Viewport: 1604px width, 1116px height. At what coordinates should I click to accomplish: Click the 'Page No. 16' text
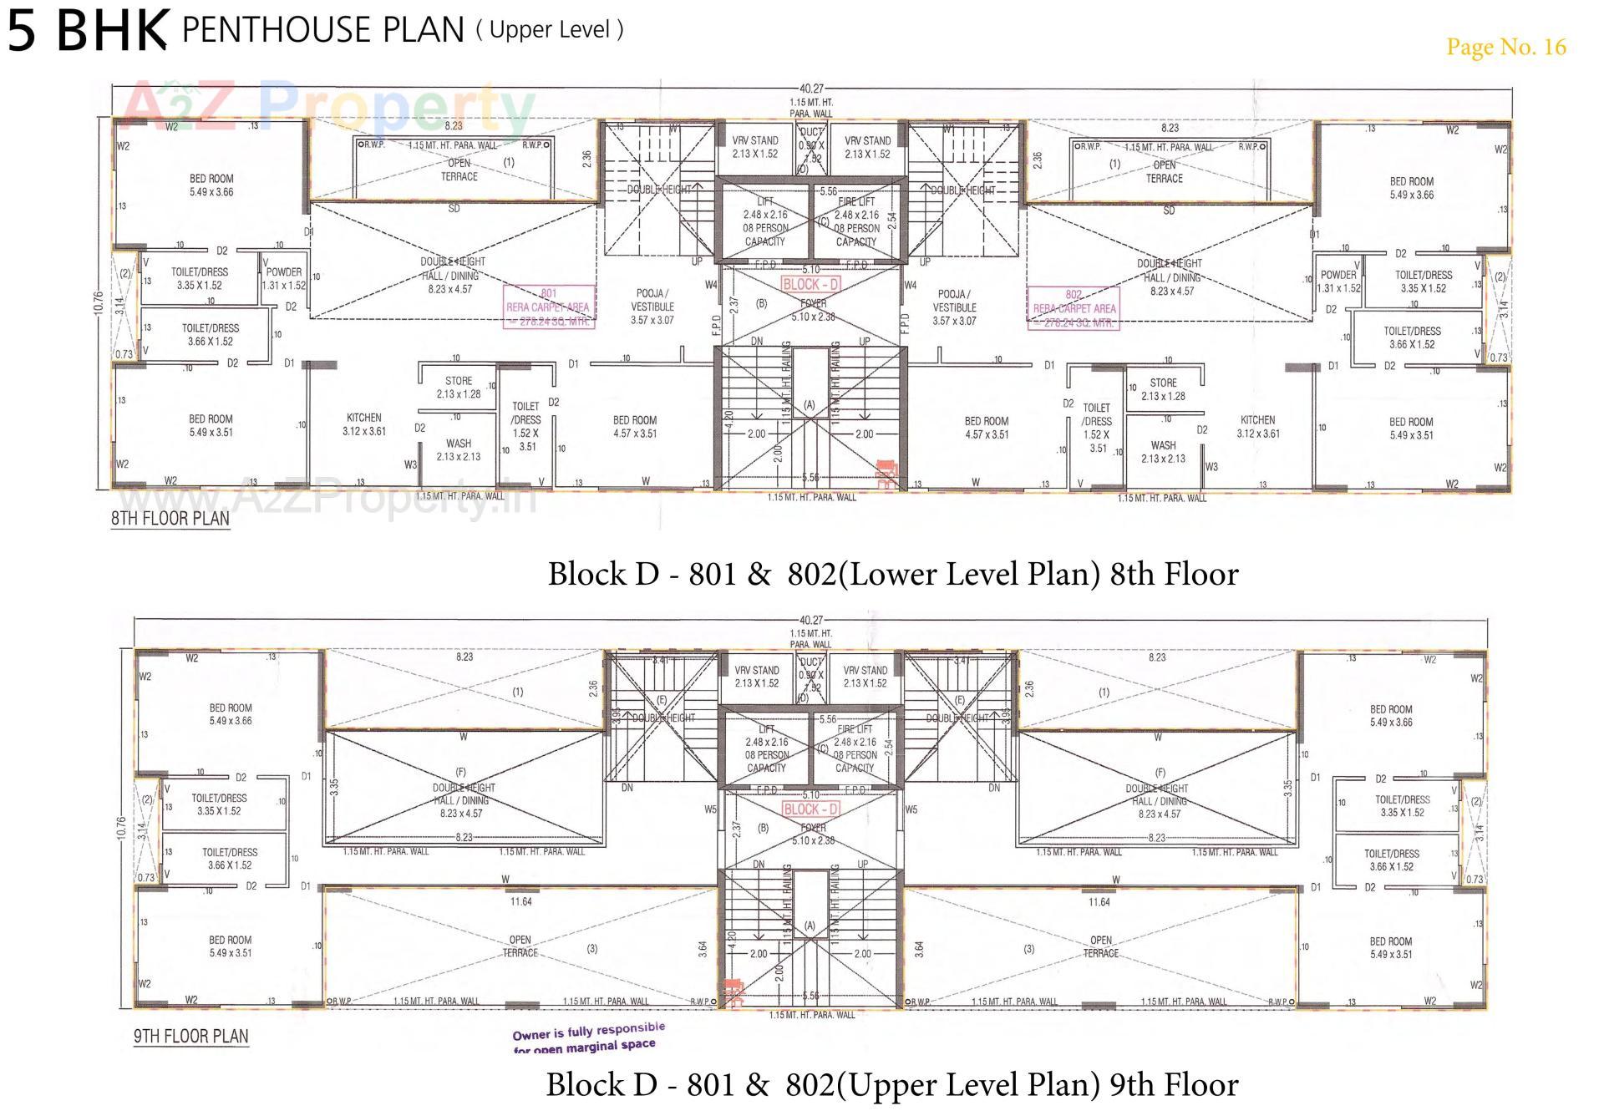tap(1505, 47)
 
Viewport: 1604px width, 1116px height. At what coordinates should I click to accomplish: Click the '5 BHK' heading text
tap(87, 30)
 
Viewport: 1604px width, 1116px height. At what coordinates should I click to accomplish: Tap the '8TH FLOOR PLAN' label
tap(170, 518)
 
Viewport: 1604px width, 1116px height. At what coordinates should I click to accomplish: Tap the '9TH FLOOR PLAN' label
tap(190, 1037)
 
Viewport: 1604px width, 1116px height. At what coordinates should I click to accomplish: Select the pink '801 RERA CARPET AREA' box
tap(548, 307)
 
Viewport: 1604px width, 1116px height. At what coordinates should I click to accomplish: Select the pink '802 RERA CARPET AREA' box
tap(1074, 308)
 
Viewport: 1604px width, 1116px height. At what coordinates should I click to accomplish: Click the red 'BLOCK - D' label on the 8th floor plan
tap(810, 284)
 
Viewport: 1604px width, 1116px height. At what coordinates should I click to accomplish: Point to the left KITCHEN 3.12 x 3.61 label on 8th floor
tap(364, 424)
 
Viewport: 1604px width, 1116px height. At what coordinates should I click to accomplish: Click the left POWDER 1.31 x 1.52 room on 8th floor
tap(284, 278)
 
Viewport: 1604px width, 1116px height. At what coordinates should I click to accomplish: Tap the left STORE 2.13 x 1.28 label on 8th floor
tap(459, 387)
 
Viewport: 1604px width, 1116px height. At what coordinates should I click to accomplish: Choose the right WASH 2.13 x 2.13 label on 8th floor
tap(1163, 452)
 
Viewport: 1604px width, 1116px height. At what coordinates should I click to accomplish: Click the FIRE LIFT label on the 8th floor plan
tap(856, 221)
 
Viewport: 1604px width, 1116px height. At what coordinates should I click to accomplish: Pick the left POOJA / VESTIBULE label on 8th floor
tap(652, 307)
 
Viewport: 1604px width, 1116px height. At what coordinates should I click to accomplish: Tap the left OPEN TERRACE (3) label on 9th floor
tap(520, 946)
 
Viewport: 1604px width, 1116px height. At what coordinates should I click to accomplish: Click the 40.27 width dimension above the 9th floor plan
tap(810, 621)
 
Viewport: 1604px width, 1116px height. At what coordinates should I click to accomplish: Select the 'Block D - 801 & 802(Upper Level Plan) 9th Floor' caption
tap(891, 1084)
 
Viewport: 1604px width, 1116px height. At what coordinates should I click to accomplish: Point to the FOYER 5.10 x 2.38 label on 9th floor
tap(813, 834)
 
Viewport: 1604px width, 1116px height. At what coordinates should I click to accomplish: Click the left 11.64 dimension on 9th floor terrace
tap(520, 901)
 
